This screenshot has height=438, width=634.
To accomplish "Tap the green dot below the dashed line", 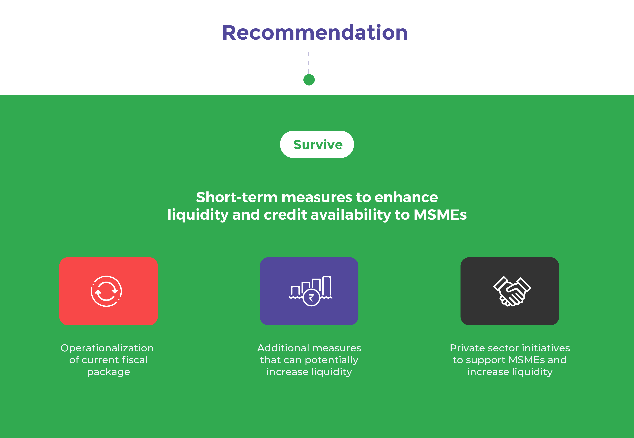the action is pyautogui.click(x=309, y=80).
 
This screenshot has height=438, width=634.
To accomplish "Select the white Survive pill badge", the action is pyautogui.click(x=317, y=144).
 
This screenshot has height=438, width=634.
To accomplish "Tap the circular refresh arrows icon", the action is pyautogui.click(x=106, y=291).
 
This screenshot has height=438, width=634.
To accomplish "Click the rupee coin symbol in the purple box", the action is pyautogui.click(x=311, y=298).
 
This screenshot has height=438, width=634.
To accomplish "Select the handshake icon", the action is pyautogui.click(x=512, y=291).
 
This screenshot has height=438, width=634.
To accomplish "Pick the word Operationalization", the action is pyautogui.click(x=107, y=348).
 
